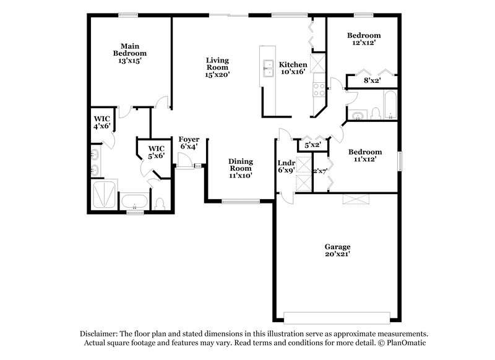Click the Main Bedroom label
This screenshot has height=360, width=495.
point(129,53)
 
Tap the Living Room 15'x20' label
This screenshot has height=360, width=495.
point(217,67)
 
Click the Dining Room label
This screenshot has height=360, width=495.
point(240,168)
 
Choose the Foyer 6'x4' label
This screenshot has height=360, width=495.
point(189,143)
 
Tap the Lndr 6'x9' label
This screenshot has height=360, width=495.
point(286,166)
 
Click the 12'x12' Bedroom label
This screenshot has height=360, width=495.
point(363,40)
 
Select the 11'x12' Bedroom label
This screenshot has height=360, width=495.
point(364,155)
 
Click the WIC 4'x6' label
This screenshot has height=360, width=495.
point(101,122)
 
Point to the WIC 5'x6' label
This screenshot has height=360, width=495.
point(156,152)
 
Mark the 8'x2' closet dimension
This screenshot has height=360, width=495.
point(371,80)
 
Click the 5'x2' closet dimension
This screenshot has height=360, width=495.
point(312,145)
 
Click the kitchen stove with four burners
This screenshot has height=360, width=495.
point(319,89)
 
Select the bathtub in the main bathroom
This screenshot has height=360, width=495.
point(134,202)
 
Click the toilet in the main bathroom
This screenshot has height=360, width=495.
point(160,202)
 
